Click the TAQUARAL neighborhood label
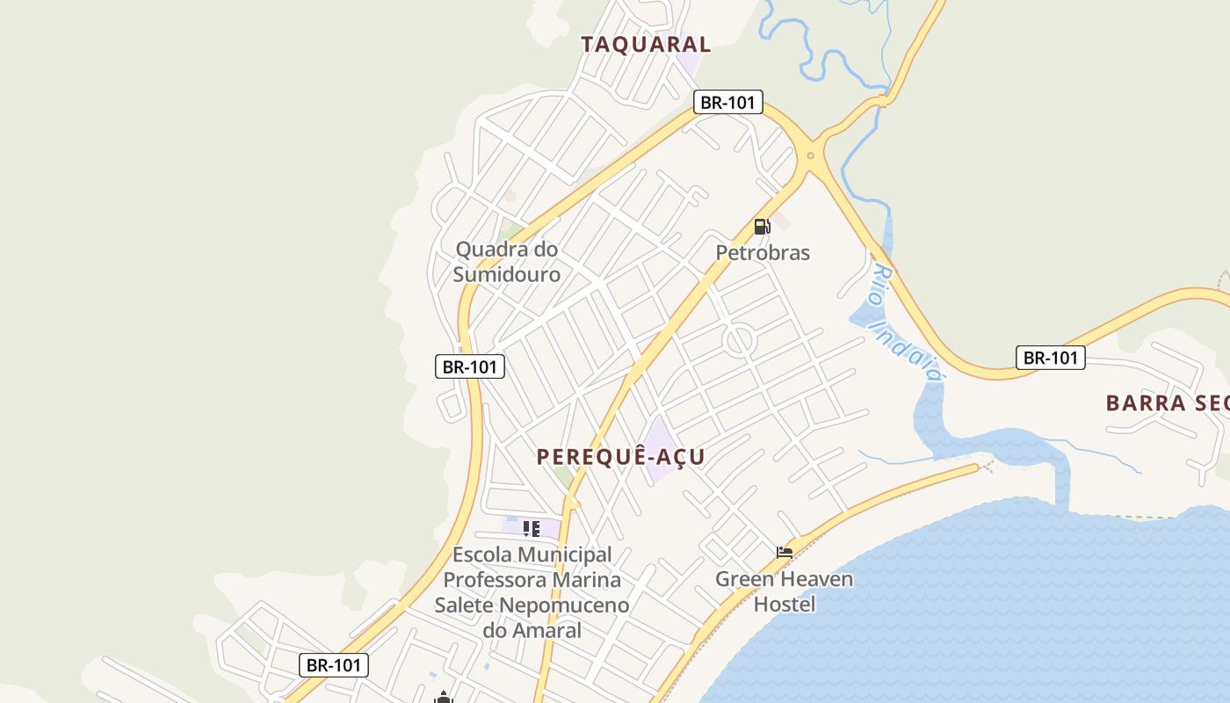646,44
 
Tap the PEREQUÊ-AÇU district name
620,457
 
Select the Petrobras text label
763,253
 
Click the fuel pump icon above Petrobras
762,227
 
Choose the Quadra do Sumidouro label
507,262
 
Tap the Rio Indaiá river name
905,323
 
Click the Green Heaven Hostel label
784,591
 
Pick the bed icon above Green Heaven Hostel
785,553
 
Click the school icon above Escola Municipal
531,529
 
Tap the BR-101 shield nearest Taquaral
727,102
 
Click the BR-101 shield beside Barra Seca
1051,358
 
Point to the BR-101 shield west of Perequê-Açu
470,366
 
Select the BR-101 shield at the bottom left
334,665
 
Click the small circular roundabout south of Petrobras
740,339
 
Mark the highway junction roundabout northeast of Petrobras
810,156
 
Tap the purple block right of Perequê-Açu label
661,448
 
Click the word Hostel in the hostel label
785,605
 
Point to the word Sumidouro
507,275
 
